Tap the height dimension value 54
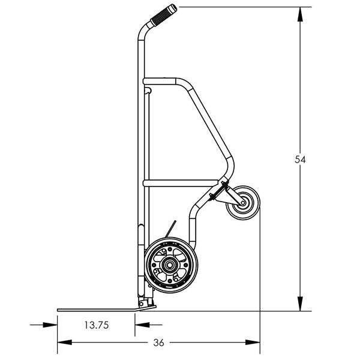coord(301,160)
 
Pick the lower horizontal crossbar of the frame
coord(180,182)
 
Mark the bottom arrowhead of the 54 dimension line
coord(300,307)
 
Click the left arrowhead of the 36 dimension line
coord(61,343)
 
